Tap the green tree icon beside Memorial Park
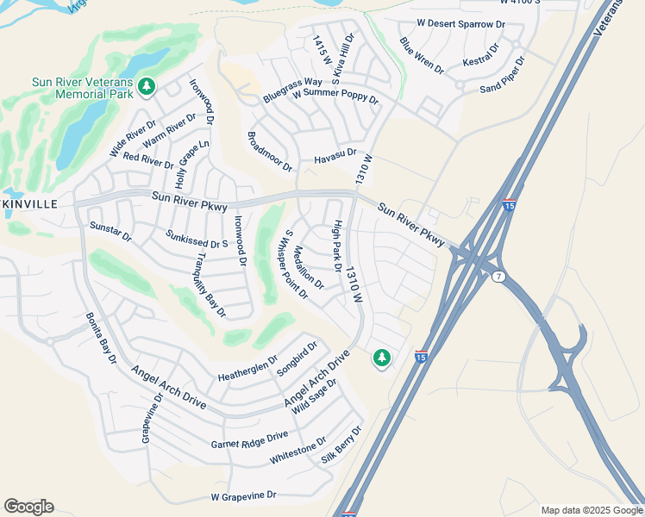pyautogui.click(x=147, y=86)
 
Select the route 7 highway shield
pyautogui.click(x=498, y=277)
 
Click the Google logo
pyautogui.click(x=28, y=507)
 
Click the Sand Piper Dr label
pyautogui.click(x=502, y=75)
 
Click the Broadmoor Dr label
pyautogui.click(x=270, y=152)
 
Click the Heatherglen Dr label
pyautogui.click(x=247, y=370)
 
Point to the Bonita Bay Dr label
pyautogui.click(x=100, y=337)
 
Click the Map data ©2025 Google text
pyautogui.click(x=591, y=510)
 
